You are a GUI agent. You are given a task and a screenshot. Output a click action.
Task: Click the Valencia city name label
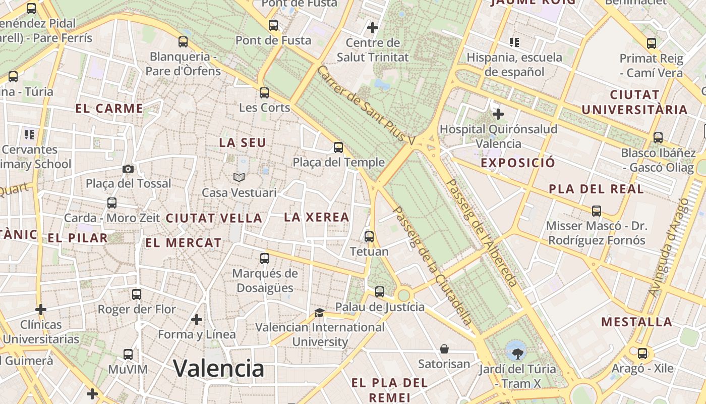pos(218,368)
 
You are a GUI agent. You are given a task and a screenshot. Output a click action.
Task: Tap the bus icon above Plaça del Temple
pos(338,147)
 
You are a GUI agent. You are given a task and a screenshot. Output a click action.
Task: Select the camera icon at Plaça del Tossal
pos(128,169)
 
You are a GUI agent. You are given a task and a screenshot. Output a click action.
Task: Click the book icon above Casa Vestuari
pos(239,177)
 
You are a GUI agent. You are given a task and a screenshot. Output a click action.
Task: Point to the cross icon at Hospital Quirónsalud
pos(498,114)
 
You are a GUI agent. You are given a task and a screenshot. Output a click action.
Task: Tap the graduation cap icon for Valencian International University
pos(319,313)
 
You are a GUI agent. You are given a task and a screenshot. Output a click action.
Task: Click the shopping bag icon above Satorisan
pos(444,349)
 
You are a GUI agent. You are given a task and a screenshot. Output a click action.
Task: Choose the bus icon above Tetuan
pos(369,236)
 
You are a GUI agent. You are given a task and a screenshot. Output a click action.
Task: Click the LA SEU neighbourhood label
pos(243,143)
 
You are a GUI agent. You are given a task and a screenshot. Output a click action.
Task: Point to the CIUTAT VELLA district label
pos(214,218)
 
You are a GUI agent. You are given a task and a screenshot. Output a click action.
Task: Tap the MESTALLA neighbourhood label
pos(636,322)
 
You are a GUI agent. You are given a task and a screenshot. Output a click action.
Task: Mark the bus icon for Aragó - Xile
pos(642,353)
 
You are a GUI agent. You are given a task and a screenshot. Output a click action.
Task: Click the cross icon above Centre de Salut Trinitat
pos(373,27)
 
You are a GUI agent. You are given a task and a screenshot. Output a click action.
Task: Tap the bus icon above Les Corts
pos(264,92)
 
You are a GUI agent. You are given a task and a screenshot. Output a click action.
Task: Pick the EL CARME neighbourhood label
pos(109,108)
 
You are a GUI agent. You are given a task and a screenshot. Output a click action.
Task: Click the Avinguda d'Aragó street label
pos(669,247)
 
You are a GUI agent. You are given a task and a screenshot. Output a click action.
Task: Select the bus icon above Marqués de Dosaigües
pos(265,259)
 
